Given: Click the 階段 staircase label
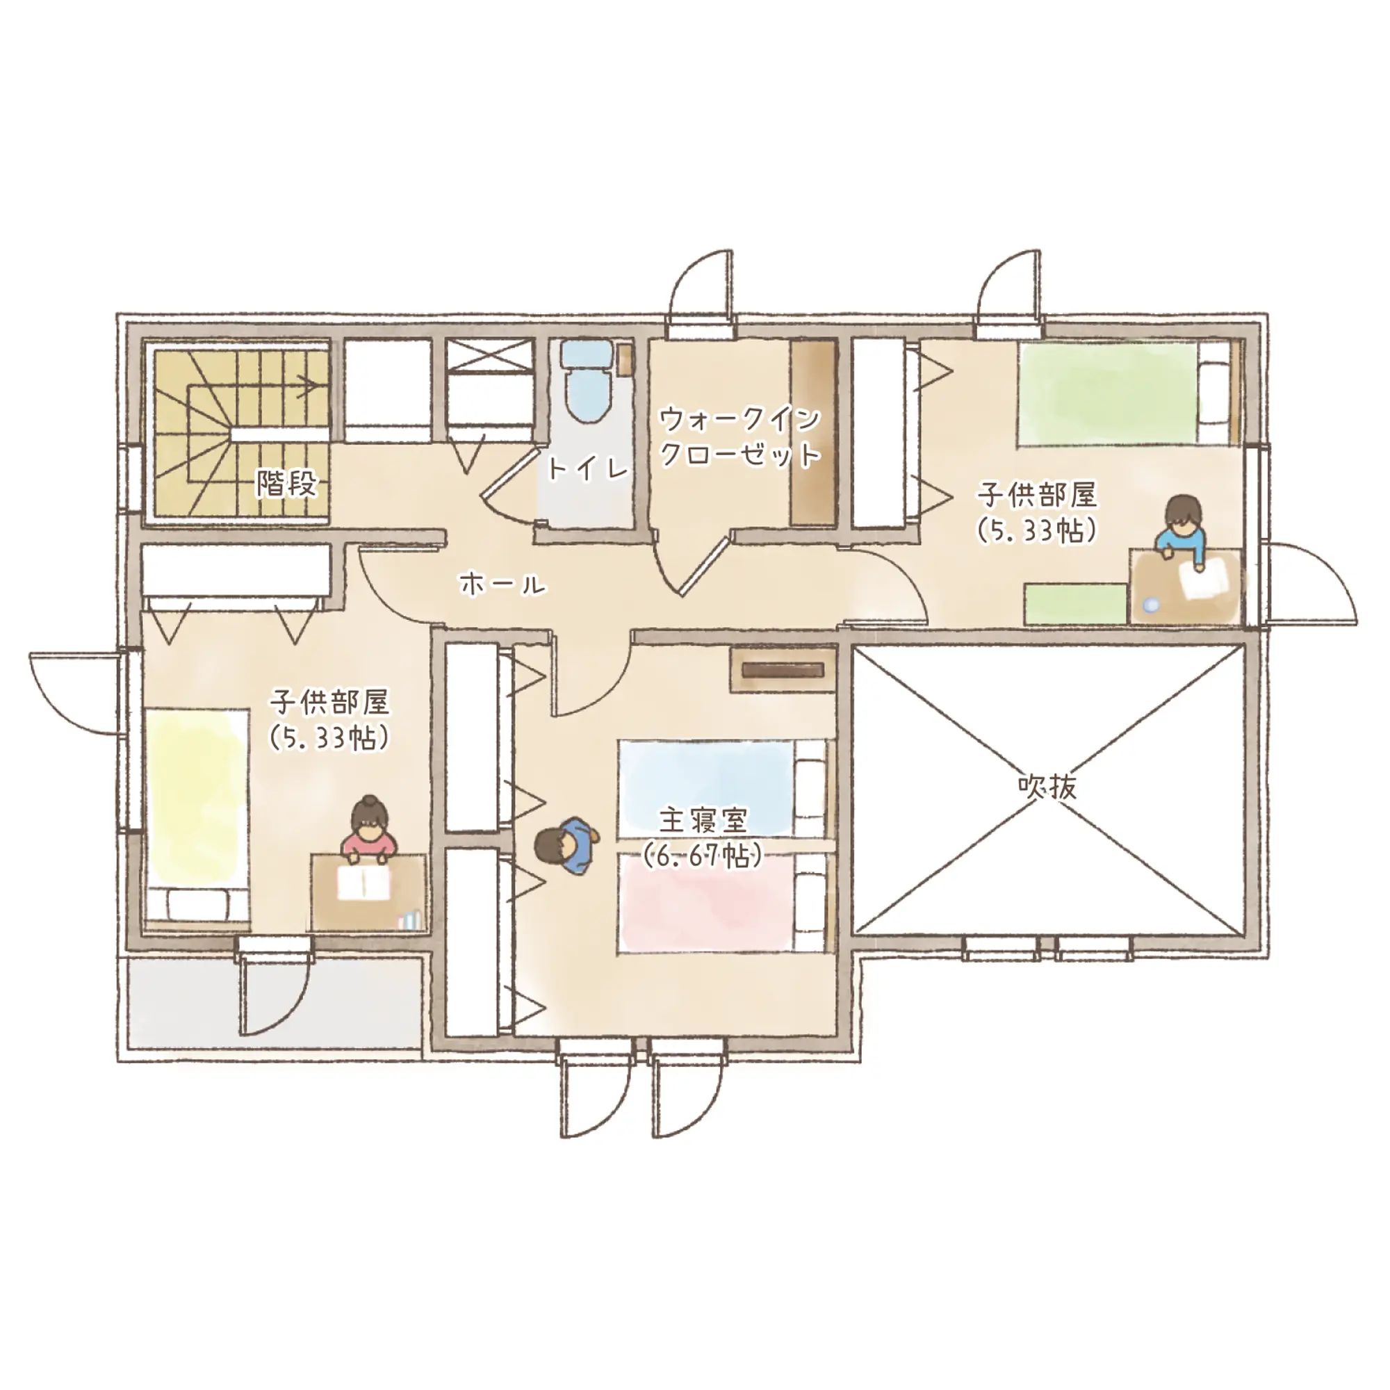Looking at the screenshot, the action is pyautogui.click(x=287, y=484).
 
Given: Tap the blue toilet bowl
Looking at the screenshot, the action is pyautogui.click(x=584, y=382).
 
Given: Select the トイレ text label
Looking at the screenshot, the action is pyautogui.click(x=588, y=469).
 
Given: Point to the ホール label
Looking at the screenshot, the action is pyautogui.click(x=503, y=584).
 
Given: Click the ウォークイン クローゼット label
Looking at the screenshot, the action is pyautogui.click(x=740, y=436).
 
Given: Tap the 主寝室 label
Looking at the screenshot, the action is pyautogui.click(x=703, y=819).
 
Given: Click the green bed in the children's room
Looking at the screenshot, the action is pyautogui.click(x=1129, y=392).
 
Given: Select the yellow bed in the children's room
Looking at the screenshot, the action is pyautogui.click(x=197, y=817).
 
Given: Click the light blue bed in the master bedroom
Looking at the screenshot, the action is pyautogui.click(x=722, y=789).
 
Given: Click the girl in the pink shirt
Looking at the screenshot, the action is pyautogui.click(x=370, y=831).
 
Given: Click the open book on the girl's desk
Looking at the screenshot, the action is pyautogui.click(x=364, y=881).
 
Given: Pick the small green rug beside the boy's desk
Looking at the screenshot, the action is pyautogui.click(x=1075, y=603).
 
